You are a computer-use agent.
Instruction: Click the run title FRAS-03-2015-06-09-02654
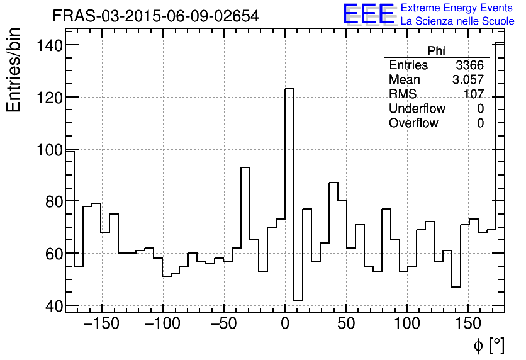(x=155, y=16)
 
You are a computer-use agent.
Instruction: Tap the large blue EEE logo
(x=368, y=14)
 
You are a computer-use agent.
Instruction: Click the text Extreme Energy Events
(x=457, y=8)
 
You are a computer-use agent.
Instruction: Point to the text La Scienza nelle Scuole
(x=457, y=21)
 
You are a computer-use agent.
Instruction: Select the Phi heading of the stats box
(x=436, y=51)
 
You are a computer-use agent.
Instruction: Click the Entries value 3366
(x=469, y=65)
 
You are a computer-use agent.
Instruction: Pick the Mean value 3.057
(x=467, y=80)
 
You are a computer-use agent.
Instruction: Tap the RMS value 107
(x=473, y=94)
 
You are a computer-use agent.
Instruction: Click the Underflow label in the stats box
(x=417, y=109)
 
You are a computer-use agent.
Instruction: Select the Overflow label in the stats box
(x=413, y=123)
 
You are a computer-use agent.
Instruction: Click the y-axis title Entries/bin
(x=14, y=70)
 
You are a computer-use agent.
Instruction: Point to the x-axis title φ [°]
(x=489, y=345)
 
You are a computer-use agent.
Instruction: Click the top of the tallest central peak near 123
(x=289, y=89)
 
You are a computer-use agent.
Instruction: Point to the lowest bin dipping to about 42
(x=298, y=300)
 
